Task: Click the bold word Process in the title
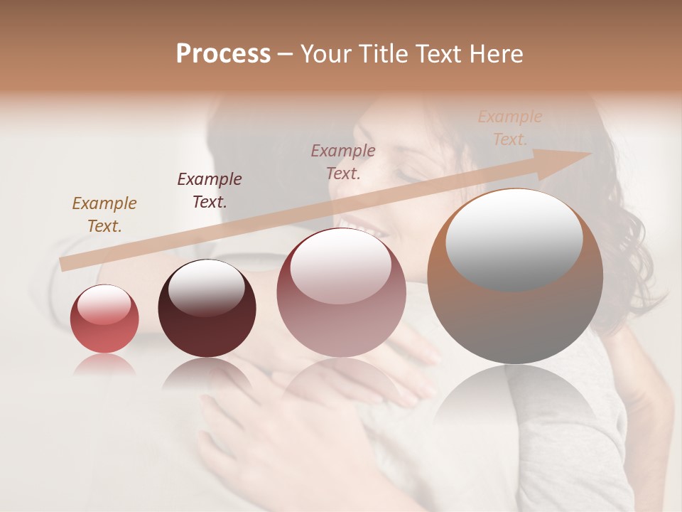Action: tap(223, 54)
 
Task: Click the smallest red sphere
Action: tap(104, 319)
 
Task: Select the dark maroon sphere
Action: tap(207, 309)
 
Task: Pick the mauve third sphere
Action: tap(341, 293)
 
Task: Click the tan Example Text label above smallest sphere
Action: tap(104, 215)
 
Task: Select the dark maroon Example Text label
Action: tap(209, 191)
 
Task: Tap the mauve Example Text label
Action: tap(343, 162)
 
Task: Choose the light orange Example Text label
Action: tap(509, 128)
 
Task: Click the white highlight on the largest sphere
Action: tap(514, 240)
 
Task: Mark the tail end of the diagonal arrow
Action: tap(64, 264)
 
